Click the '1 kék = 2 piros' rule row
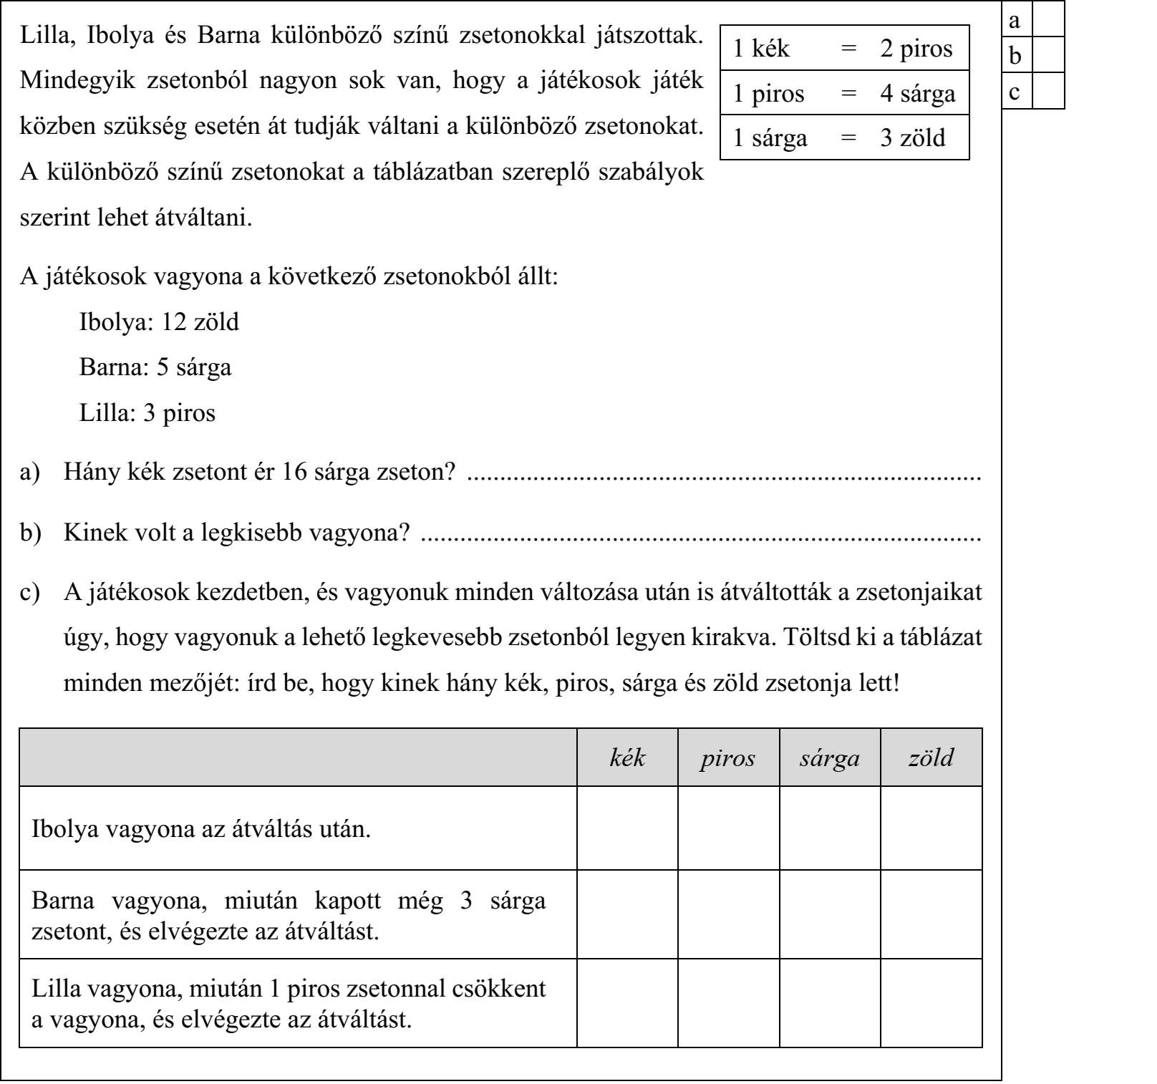coord(844,48)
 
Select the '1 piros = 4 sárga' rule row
coord(844,93)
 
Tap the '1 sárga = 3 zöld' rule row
coord(844,137)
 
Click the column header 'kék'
coord(627,758)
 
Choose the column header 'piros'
coord(728,758)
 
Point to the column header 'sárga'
coord(830,758)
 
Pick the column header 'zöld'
coord(931,758)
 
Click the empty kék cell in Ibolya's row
coord(627,828)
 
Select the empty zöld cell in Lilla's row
coord(931,1002)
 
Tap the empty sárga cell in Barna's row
coord(830,914)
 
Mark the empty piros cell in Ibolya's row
coord(728,828)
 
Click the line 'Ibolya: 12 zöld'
coord(159,322)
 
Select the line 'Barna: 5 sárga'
coord(155,368)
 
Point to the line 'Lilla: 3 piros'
coord(147,413)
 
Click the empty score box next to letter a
coord(1048,21)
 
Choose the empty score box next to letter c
coord(1048,92)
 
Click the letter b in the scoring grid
coord(1015,56)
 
